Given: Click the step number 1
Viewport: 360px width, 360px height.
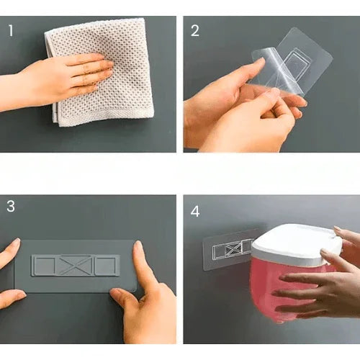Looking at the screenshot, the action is pos(11,31).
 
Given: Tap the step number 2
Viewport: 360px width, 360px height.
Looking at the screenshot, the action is pos(195,31).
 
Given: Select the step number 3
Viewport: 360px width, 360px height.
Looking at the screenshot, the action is pos(11,206).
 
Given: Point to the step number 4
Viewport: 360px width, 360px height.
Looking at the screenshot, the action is pos(195,212).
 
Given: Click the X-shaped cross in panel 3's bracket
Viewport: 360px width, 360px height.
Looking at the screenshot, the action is pos(76,265).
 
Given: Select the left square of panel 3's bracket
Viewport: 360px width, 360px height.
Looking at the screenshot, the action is pos(45,266).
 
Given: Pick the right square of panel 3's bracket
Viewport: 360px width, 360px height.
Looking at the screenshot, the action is pos(106,266).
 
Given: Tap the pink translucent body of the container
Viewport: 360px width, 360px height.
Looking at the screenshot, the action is pos(283,290).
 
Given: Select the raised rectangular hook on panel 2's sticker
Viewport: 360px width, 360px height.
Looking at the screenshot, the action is pos(294,64).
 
